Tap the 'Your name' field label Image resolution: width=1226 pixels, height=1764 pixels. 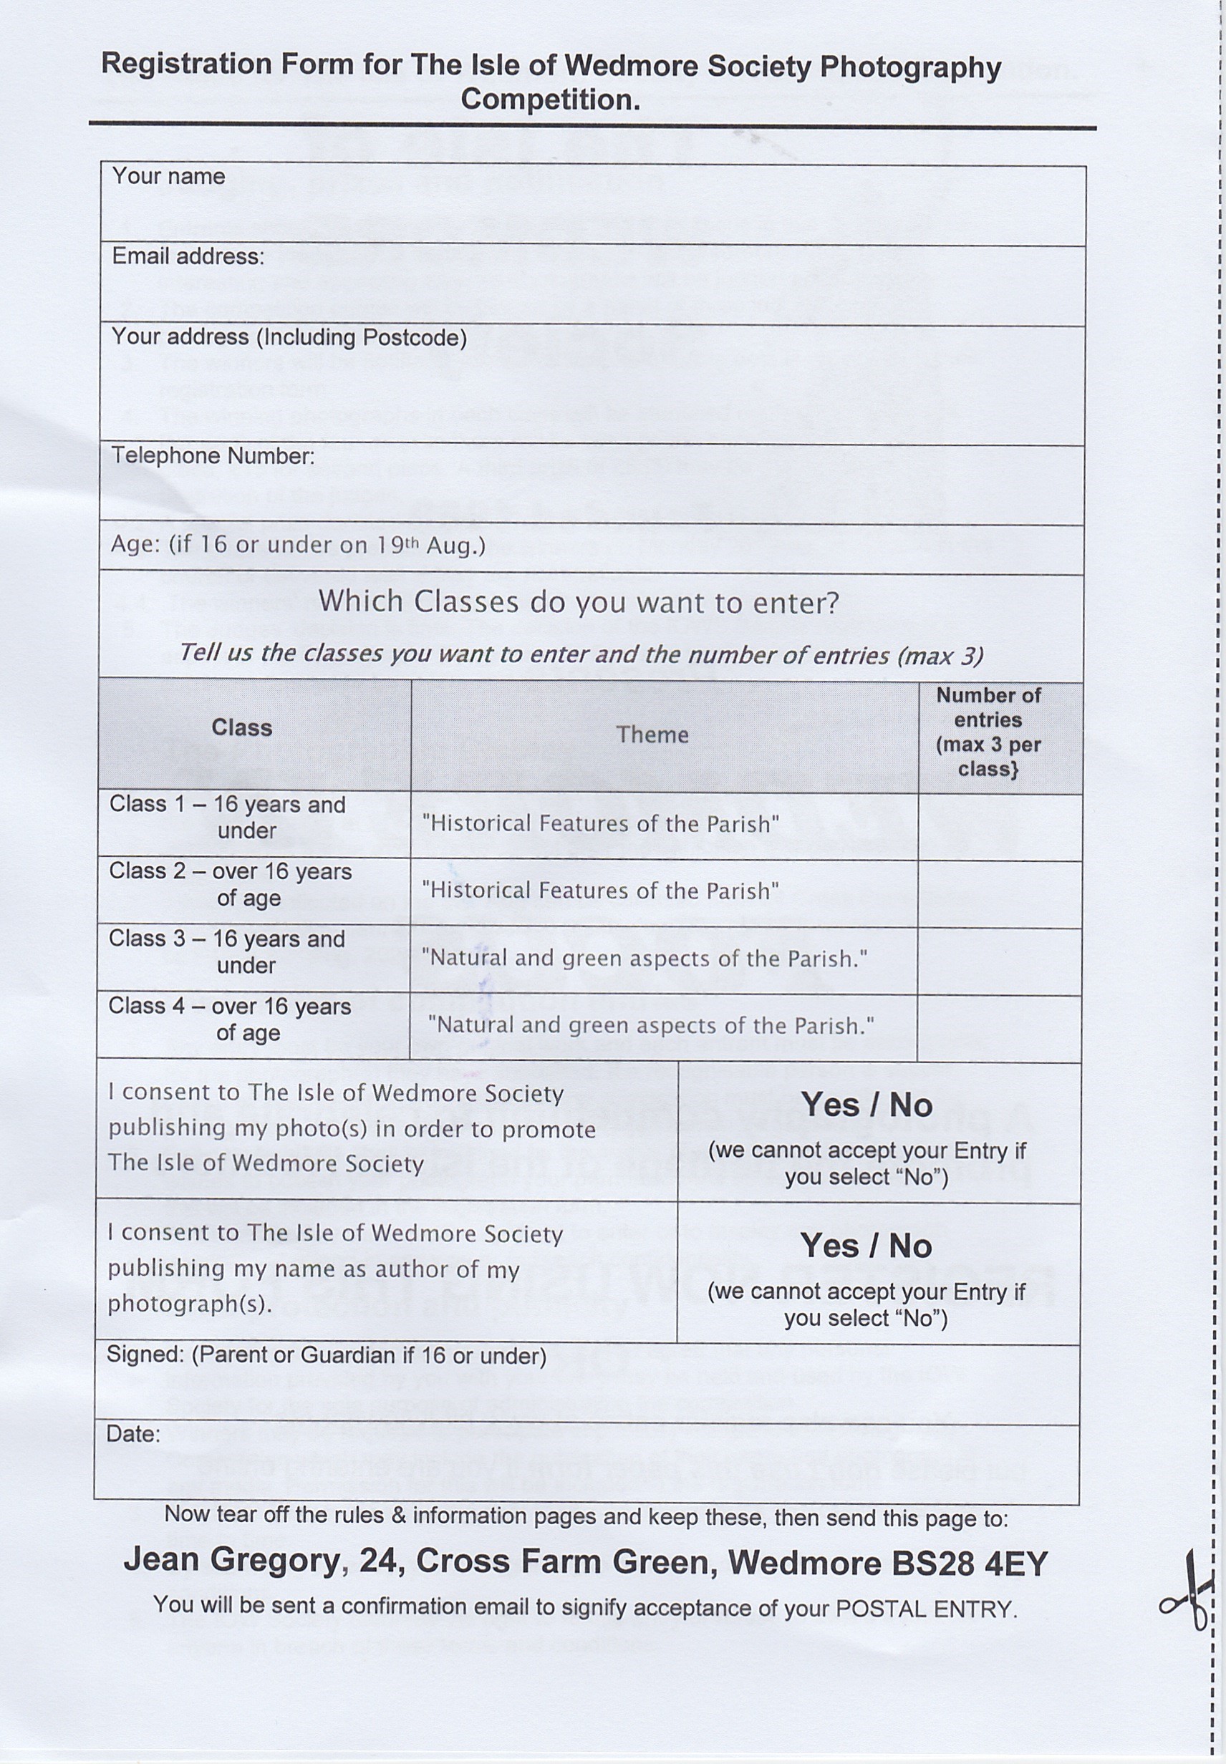[x=168, y=177]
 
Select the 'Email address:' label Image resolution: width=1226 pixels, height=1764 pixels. [x=188, y=256]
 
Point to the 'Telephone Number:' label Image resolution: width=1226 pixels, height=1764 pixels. [x=213, y=456]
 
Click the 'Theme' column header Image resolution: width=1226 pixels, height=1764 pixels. [x=652, y=735]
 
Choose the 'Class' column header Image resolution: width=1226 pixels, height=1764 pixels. [x=242, y=728]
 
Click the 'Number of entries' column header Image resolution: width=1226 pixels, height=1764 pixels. [x=988, y=731]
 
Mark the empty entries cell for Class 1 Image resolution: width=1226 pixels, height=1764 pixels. [x=1000, y=827]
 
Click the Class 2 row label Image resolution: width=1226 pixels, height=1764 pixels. [x=231, y=885]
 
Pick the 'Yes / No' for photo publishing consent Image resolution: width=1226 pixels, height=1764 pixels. [x=867, y=1106]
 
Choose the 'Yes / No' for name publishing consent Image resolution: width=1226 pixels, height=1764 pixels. [x=866, y=1246]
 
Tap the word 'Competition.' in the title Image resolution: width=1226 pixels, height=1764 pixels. [x=550, y=100]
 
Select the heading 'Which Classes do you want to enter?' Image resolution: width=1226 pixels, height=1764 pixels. [x=579, y=602]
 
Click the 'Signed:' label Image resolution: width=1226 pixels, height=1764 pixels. [x=145, y=1355]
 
